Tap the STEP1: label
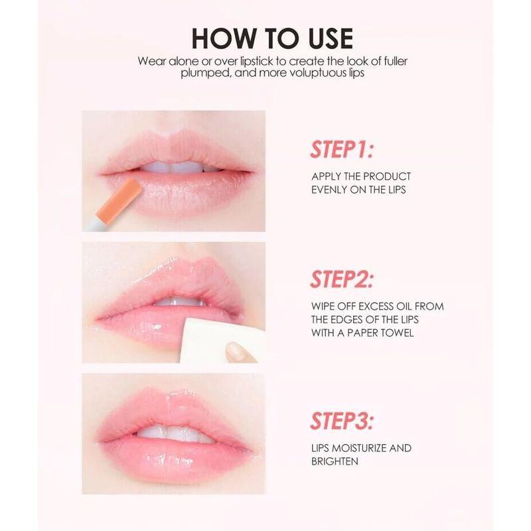pyautogui.click(x=341, y=149)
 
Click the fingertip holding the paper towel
pyautogui.click(x=234, y=350)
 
